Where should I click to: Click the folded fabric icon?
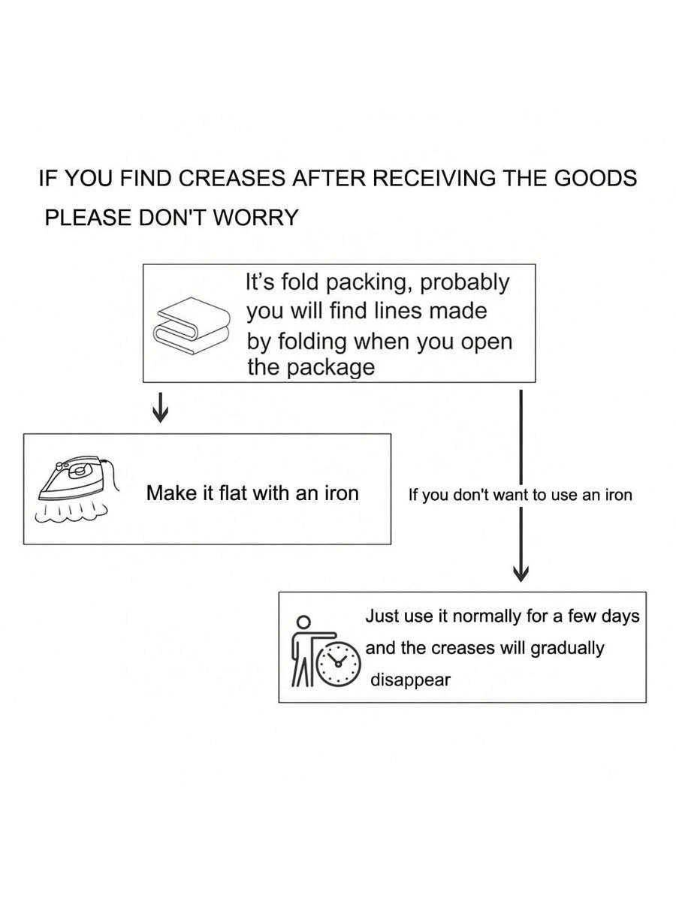pos(192,325)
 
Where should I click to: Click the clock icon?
pos(338,661)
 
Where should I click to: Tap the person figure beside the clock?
pos(305,650)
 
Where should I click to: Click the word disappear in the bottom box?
pos(410,680)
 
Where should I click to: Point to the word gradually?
pos(567,648)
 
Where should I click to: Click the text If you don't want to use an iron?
pos(520,495)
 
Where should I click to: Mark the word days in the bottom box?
pos(620,616)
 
